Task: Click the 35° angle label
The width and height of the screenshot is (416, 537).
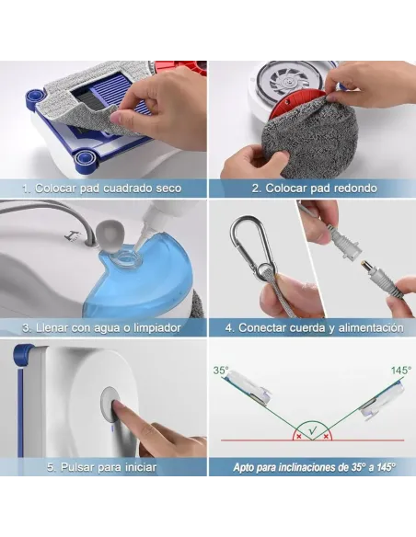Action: point(221,371)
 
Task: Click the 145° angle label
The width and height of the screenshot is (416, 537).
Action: point(401,371)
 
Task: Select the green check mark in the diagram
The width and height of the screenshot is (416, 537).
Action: point(313,430)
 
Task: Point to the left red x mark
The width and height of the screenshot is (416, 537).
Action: point(299,437)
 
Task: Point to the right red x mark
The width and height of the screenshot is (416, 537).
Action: point(326,437)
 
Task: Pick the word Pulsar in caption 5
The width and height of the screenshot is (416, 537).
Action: point(77,467)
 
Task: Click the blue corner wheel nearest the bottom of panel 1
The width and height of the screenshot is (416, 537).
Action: point(83,158)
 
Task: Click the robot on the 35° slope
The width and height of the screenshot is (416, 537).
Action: point(248,391)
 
